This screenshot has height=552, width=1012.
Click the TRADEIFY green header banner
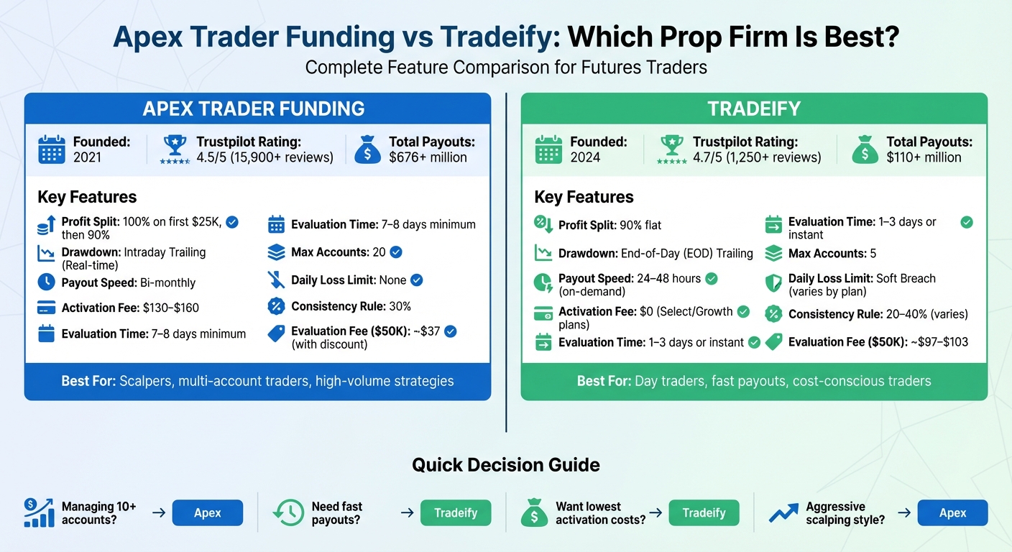753,109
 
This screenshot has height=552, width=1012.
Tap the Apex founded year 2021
88,157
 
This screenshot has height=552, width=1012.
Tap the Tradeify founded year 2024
585,157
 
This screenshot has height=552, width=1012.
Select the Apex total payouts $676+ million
428,157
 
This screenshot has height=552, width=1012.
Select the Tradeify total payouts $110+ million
924,157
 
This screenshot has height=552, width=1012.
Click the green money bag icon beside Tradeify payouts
865,149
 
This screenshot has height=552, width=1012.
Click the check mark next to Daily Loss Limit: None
416,280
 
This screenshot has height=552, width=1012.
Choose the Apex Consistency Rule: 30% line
351,307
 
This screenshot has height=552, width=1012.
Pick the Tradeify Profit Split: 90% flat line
609,225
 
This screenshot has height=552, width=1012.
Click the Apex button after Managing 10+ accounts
208,513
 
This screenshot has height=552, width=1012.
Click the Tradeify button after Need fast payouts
456,513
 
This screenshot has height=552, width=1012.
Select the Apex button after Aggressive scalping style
952,513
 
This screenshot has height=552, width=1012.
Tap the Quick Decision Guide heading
505,465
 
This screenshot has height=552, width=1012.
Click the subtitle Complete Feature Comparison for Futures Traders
505,68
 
